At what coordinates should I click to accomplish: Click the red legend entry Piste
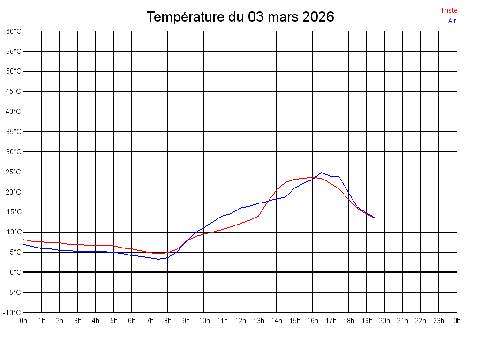tap(449, 10)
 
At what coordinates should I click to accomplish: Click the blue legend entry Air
tap(452, 21)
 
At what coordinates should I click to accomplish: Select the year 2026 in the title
tap(318, 17)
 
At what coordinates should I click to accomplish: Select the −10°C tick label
tap(13, 313)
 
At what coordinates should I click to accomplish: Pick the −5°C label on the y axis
tap(14, 292)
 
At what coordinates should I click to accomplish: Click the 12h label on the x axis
tap(240, 321)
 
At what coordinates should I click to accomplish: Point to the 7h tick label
tap(150, 321)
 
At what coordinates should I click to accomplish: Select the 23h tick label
tap(439, 321)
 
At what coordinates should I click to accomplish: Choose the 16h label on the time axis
tap(313, 321)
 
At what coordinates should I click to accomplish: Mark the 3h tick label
tap(77, 321)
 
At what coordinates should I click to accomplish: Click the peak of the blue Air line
tap(322, 172)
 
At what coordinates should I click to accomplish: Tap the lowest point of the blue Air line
tap(159, 259)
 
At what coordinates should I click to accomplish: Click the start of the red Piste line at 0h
tap(23, 240)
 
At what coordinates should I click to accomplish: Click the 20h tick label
tap(385, 321)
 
